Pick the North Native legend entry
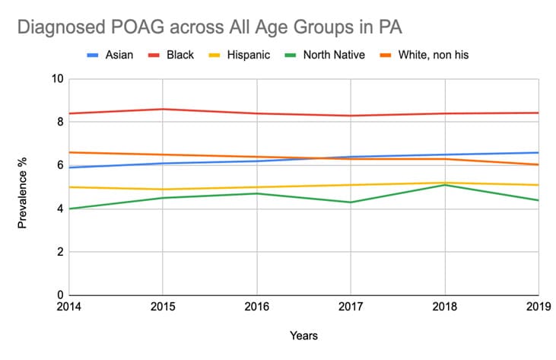[333, 55]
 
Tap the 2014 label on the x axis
[69, 307]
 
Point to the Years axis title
[303, 336]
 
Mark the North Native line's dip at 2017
[351, 202]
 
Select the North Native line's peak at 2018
[445, 185]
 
